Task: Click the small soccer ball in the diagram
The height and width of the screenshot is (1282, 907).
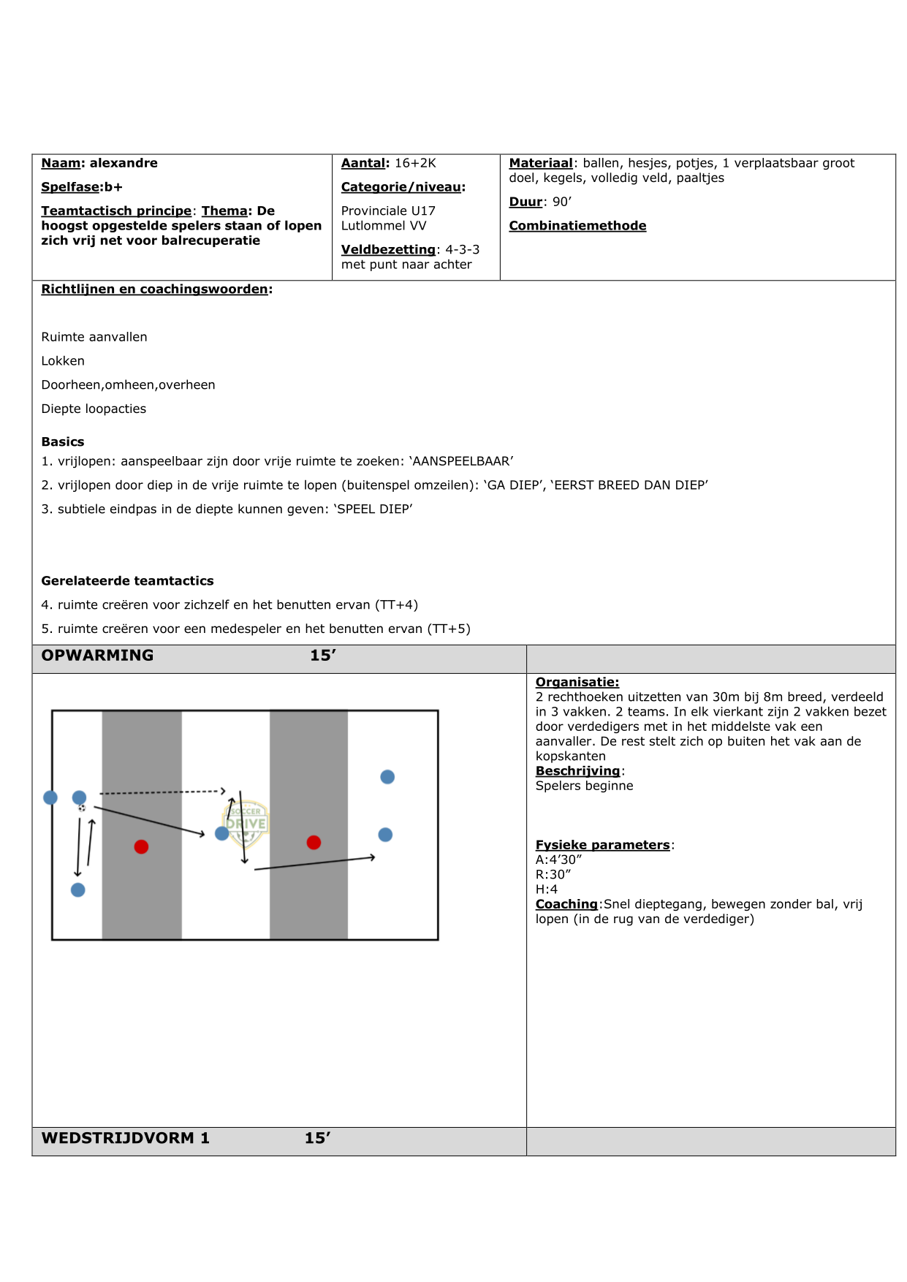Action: click(x=82, y=808)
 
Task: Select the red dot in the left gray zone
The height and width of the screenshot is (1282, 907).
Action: click(x=141, y=846)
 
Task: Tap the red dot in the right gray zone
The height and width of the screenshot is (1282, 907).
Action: click(x=314, y=842)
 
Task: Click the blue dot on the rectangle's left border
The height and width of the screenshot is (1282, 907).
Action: click(x=50, y=797)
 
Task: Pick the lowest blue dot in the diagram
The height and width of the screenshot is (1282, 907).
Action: click(x=78, y=890)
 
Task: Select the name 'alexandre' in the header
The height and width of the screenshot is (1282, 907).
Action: click(x=124, y=163)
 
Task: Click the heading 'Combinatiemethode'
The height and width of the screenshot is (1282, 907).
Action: click(x=577, y=226)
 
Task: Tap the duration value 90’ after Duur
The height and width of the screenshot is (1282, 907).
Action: click(x=562, y=202)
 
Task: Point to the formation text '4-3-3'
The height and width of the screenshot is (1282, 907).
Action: click(x=462, y=249)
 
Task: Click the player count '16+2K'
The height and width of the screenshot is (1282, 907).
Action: click(x=415, y=163)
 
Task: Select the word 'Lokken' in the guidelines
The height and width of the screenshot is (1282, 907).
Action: click(x=63, y=361)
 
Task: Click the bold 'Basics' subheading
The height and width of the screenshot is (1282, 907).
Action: click(x=63, y=441)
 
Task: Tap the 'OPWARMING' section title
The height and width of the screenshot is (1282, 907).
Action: click(x=97, y=656)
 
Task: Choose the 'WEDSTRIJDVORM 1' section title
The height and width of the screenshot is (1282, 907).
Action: click(x=125, y=1138)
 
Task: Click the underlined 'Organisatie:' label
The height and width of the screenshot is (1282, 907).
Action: click(x=577, y=682)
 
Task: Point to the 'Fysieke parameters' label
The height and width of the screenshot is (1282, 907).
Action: click(x=603, y=845)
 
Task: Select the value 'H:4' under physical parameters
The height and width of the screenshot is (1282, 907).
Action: click(x=547, y=890)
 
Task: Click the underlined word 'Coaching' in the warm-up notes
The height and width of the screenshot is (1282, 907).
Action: click(x=566, y=904)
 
